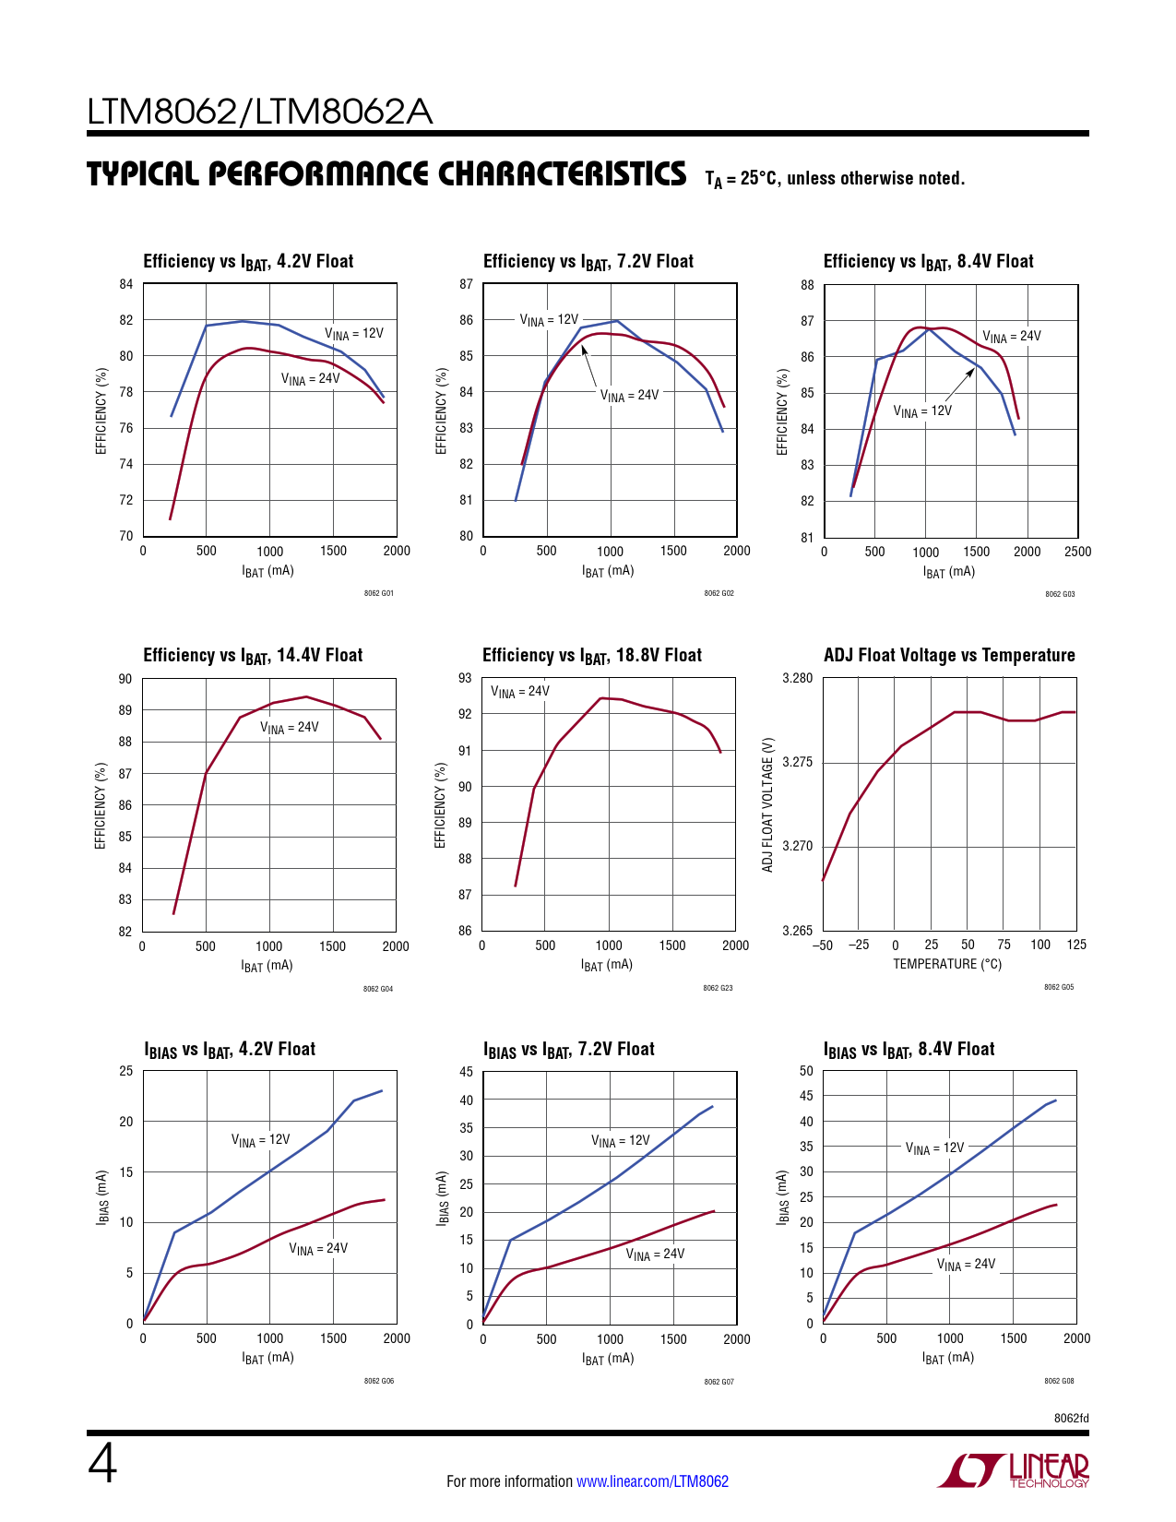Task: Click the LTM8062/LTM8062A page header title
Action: (259, 112)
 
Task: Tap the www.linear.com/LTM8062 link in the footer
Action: (652, 1481)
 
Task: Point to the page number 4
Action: (102, 1464)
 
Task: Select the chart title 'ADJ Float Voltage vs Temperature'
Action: (949, 655)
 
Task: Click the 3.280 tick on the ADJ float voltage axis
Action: (798, 678)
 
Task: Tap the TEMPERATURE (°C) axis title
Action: (947, 964)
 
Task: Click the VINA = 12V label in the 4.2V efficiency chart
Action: (353, 333)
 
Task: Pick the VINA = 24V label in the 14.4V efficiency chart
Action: (289, 728)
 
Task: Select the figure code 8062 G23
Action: (718, 988)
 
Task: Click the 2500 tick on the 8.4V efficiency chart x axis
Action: (1077, 552)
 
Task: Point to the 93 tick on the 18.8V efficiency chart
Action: (465, 678)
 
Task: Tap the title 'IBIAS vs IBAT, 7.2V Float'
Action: (569, 1050)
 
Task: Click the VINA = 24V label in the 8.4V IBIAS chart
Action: (966, 1265)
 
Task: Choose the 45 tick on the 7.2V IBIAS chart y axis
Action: (466, 1072)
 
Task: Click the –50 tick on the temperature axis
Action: (822, 945)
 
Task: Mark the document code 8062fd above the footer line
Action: (1071, 1418)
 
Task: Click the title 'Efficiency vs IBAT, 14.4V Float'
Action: (253, 655)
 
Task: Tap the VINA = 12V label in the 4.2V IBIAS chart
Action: (260, 1140)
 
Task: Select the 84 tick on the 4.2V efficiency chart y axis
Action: (126, 284)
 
